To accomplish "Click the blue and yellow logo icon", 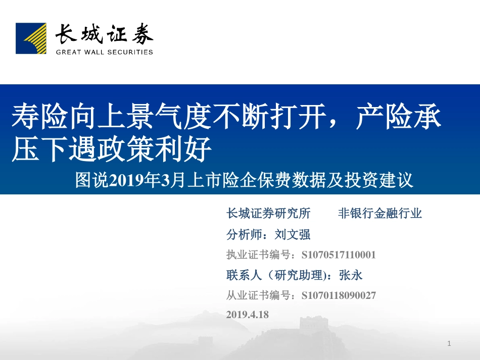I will coord(31,38).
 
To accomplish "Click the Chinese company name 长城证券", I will coord(104,35).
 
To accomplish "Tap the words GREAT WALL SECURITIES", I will coord(104,52).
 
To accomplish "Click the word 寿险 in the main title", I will coord(26,117).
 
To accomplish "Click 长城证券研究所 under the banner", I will coord(268,214).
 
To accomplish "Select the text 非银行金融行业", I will coord(379,214).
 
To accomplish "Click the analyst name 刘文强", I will coord(293,234).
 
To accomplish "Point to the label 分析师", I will coord(245,234).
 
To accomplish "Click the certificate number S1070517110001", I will coord(338,255).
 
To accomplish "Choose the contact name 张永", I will coord(351,275).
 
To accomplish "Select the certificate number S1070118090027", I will coord(338,295).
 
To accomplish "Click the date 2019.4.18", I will coord(248,314).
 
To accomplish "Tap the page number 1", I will coord(449,344).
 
